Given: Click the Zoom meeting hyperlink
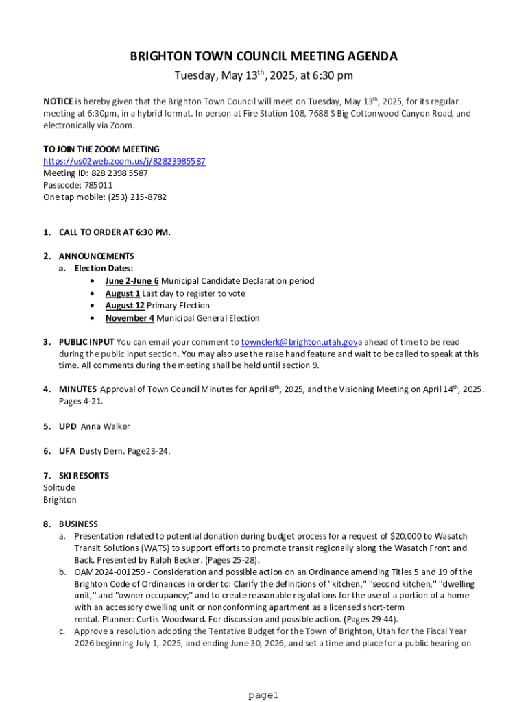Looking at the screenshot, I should click(x=124, y=161).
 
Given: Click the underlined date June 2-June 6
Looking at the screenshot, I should click(x=132, y=281).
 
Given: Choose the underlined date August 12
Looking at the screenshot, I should click(x=124, y=306).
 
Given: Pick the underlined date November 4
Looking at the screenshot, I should click(x=130, y=318).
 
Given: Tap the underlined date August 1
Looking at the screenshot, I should click(x=122, y=293).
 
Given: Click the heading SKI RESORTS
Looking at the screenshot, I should click(x=84, y=475).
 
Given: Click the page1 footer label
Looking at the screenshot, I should click(x=264, y=695).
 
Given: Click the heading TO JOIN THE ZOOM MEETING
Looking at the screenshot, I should click(x=101, y=149).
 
